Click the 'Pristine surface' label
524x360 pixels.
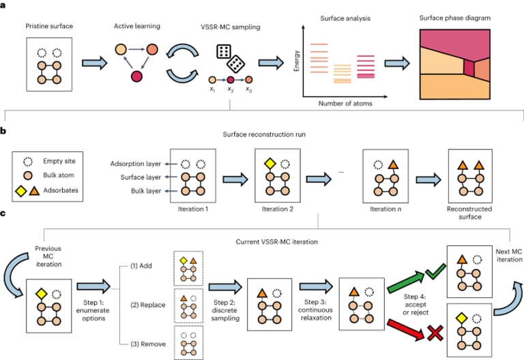coord(49,26)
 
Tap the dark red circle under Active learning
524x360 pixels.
coord(136,76)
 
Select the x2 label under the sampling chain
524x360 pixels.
coord(230,89)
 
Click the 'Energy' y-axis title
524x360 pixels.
coord(296,61)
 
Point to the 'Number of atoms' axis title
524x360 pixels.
coord(345,104)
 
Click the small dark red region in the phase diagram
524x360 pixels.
coord(469,67)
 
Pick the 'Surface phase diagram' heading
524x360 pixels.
coord(455,18)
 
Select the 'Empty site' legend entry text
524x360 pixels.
coord(59,161)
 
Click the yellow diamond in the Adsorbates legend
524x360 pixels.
coord(21,191)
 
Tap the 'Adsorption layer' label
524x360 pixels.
coord(136,164)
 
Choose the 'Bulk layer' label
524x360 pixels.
coord(146,191)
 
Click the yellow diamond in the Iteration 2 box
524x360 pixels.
coord(270,164)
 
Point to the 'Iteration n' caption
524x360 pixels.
coord(385,209)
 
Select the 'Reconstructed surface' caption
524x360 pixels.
coord(469,213)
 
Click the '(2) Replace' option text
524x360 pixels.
coord(147,305)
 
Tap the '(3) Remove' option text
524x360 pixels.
coord(148,344)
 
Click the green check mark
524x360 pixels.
coord(436,271)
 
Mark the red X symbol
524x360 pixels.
coord(435,332)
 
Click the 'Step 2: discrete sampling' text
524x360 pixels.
coord(225,310)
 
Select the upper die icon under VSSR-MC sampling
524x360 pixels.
coord(224,51)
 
